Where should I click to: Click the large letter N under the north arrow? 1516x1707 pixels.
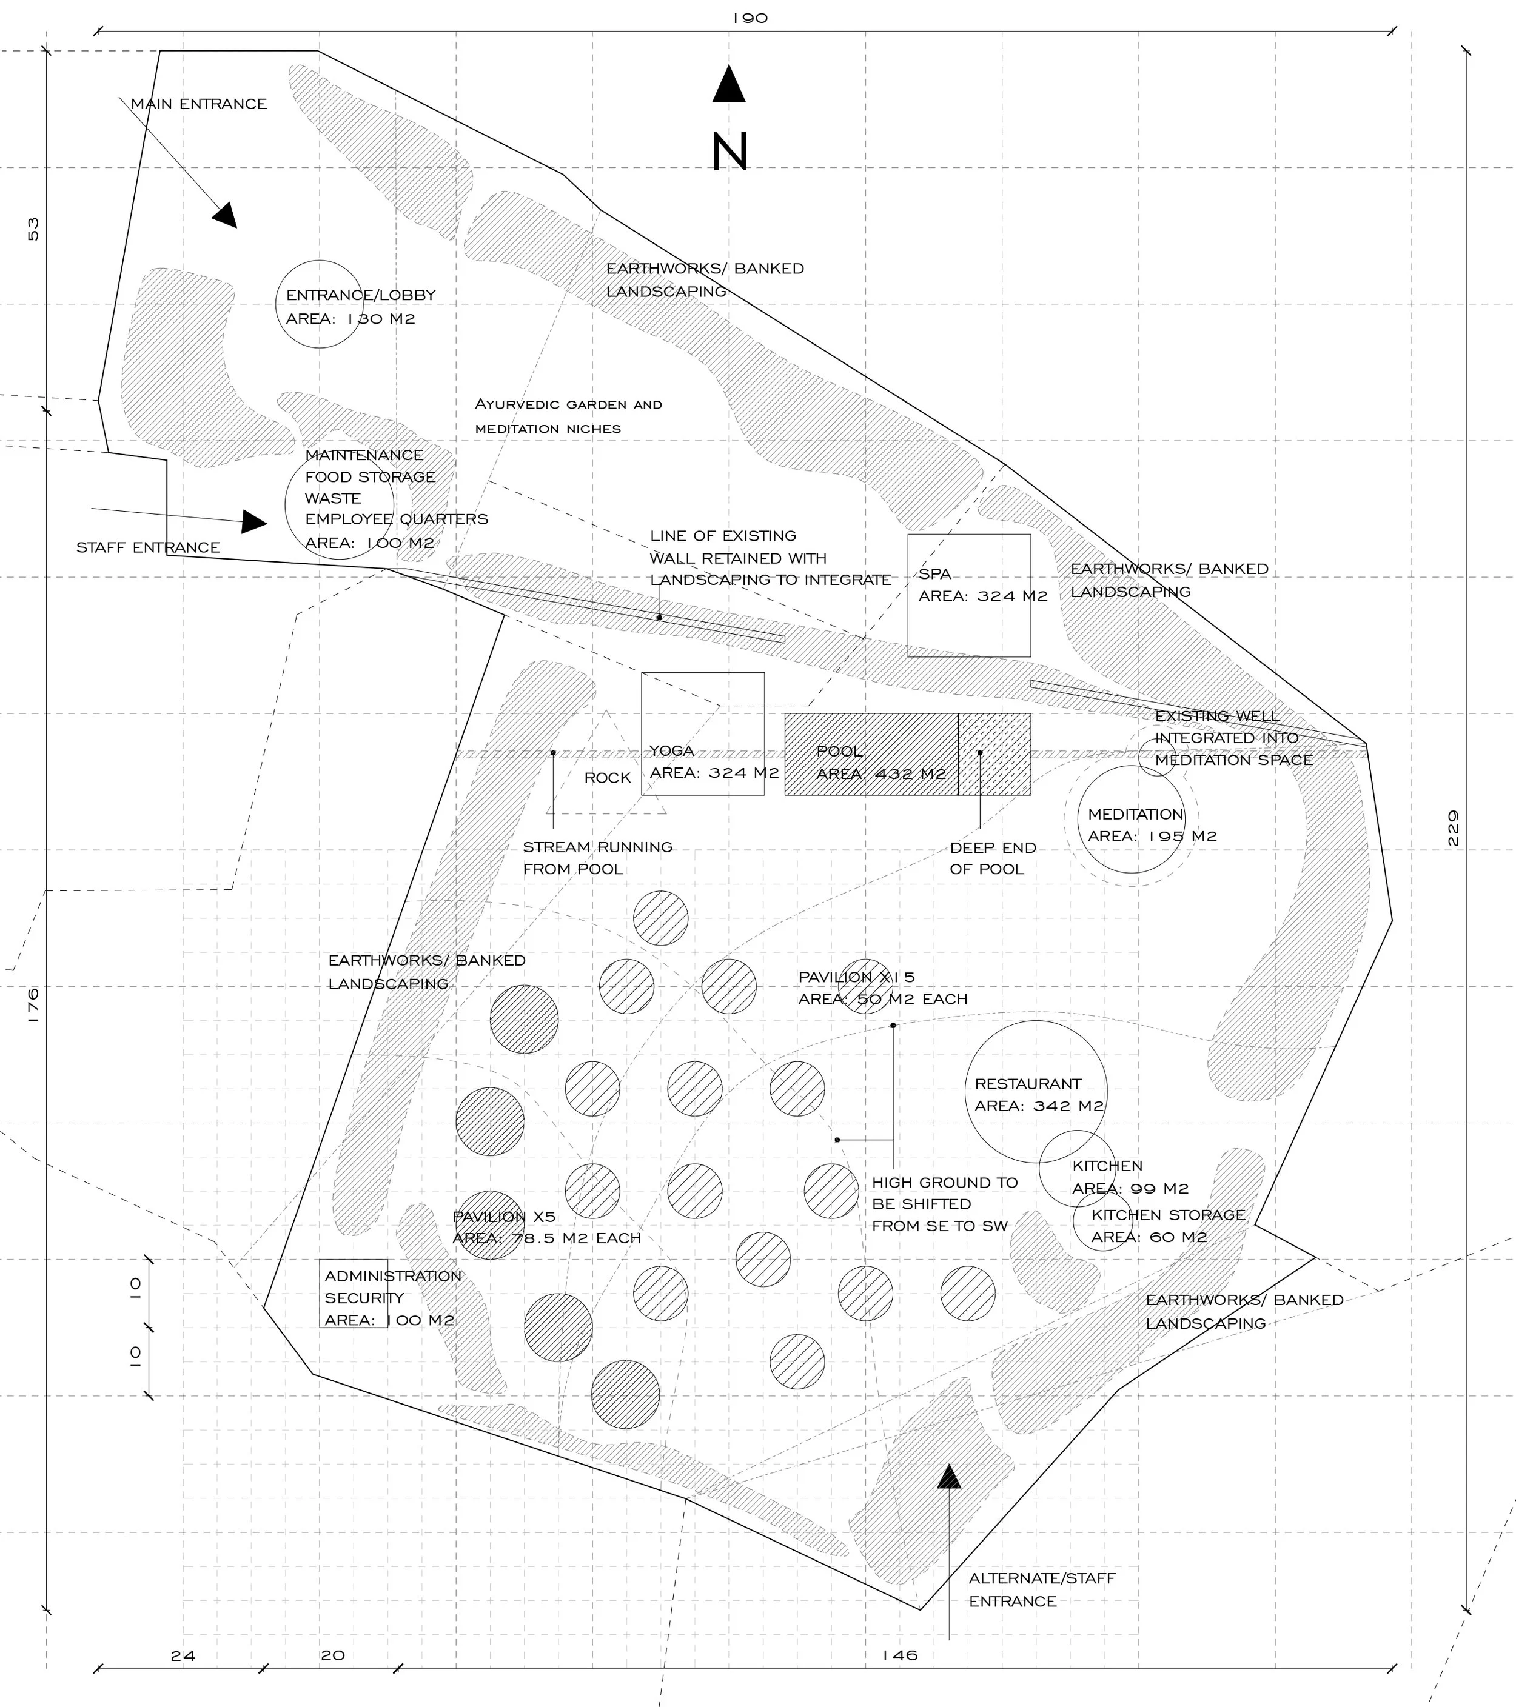coord(729,152)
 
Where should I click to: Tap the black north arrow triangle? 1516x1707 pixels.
coord(728,86)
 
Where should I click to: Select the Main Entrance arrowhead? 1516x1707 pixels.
coord(226,215)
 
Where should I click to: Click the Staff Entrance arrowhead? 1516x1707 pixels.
coord(254,522)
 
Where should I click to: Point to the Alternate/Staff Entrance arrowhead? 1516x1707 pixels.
coord(949,1477)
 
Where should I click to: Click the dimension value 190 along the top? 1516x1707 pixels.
coord(750,18)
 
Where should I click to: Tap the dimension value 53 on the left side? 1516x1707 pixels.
coord(33,229)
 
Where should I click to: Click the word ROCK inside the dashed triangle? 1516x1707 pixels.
coord(607,778)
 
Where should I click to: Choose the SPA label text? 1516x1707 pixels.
coord(934,573)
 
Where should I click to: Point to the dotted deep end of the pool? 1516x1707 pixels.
coord(994,754)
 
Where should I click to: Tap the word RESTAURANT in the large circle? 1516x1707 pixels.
coord(1027,1084)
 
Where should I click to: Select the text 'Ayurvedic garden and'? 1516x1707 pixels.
coord(568,405)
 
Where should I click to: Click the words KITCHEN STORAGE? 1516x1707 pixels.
coord(1168,1215)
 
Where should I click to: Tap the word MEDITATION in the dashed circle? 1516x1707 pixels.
coord(1135,814)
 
